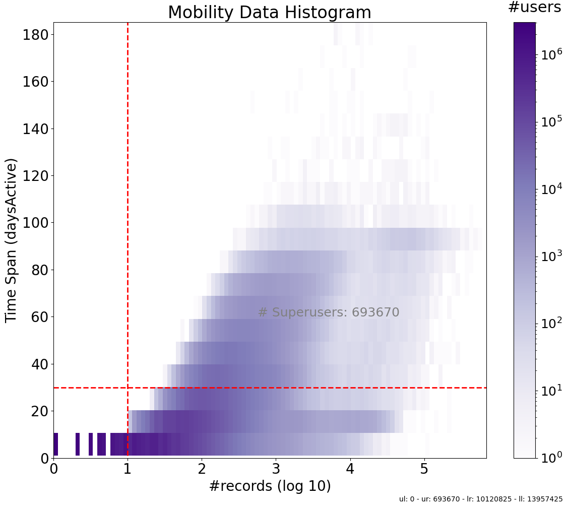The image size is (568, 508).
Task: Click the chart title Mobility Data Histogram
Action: pyautogui.click(x=269, y=12)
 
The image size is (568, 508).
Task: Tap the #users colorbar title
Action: pyautogui.click(x=534, y=8)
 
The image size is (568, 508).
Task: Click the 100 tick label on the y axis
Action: pyautogui.click(x=35, y=223)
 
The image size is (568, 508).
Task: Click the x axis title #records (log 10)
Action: pyautogui.click(x=270, y=486)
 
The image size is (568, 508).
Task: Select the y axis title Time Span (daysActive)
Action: pyautogui.click(x=11, y=240)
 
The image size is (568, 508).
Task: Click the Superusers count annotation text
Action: pyautogui.click(x=329, y=312)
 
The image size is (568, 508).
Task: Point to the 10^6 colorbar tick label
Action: pyautogui.click(x=551, y=54)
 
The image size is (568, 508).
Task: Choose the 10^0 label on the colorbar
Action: pyautogui.click(x=551, y=457)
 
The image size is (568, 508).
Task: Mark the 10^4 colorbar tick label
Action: pyautogui.click(x=551, y=189)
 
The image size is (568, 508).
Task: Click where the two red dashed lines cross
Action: pyautogui.click(x=128, y=388)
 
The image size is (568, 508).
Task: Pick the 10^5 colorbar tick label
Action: pyautogui.click(x=551, y=121)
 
